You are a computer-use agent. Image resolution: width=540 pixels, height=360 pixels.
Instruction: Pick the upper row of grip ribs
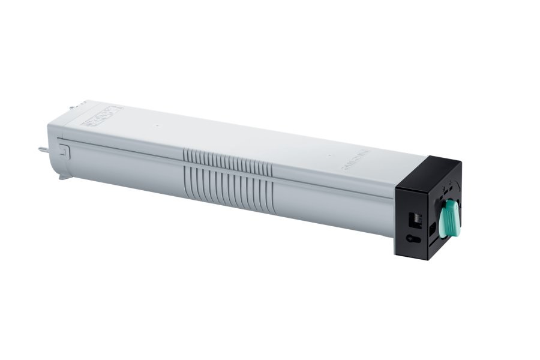pyautogui.click(x=227, y=161)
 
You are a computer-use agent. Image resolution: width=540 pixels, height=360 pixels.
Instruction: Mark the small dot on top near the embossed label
pyautogui.click(x=155, y=127)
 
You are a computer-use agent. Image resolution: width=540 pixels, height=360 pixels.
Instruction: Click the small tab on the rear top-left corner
pyautogui.click(x=72, y=108)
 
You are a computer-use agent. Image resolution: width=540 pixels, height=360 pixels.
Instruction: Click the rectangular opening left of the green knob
pyautogui.click(x=433, y=229)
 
